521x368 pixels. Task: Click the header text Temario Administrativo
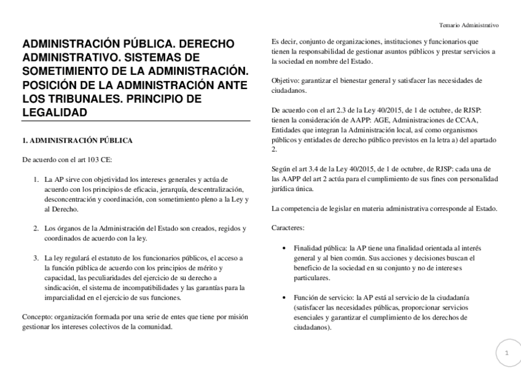tap(469, 25)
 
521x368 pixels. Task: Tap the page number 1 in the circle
tap(507, 353)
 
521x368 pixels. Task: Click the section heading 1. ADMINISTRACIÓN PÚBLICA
tap(77, 141)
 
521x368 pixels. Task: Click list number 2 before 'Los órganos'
tap(36, 229)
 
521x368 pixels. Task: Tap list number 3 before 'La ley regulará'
tap(36, 258)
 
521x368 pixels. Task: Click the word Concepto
tap(36, 317)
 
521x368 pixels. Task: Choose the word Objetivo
tap(286, 80)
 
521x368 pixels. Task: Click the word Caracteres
tap(288, 228)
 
